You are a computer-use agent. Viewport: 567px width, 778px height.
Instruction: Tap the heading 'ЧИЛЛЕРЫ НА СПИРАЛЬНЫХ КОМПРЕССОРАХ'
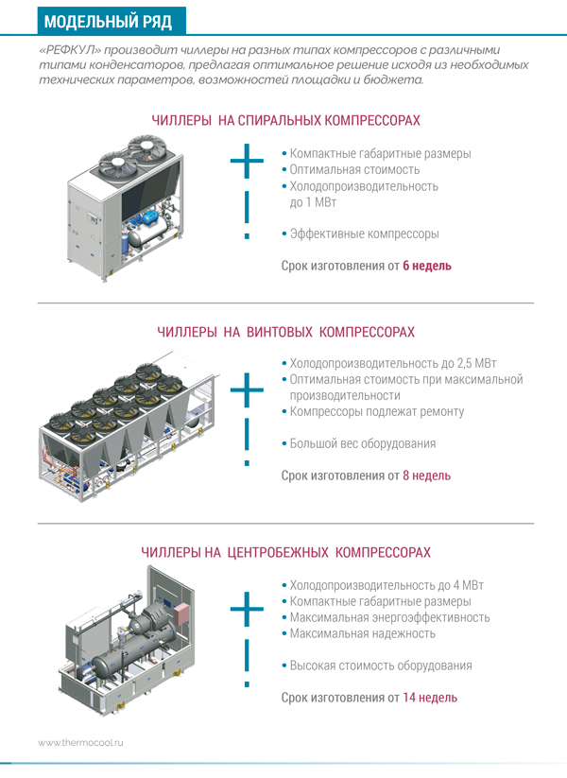pyautogui.click(x=285, y=121)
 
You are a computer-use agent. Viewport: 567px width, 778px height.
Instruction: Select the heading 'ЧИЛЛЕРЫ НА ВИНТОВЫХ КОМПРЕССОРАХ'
pyautogui.click(x=285, y=333)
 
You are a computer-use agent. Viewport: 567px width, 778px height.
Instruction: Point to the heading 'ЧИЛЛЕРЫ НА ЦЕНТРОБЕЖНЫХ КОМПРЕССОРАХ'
pyautogui.click(x=285, y=551)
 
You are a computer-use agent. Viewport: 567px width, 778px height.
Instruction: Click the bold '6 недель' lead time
pyautogui.click(x=427, y=266)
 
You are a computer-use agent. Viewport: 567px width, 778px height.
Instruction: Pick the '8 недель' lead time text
pyautogui.click(x=426, y=475)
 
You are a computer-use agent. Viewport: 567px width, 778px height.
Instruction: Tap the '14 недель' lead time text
pyautogui.click(x=430, y=698)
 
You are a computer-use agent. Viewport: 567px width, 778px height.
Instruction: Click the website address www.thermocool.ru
pyautogui.click(x=81, y=743)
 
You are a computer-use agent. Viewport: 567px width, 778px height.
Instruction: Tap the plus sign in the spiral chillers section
pyautogui.click(x=247, y=163)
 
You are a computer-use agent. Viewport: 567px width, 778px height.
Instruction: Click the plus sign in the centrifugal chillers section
pyautogui.click(x=247, y=610)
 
